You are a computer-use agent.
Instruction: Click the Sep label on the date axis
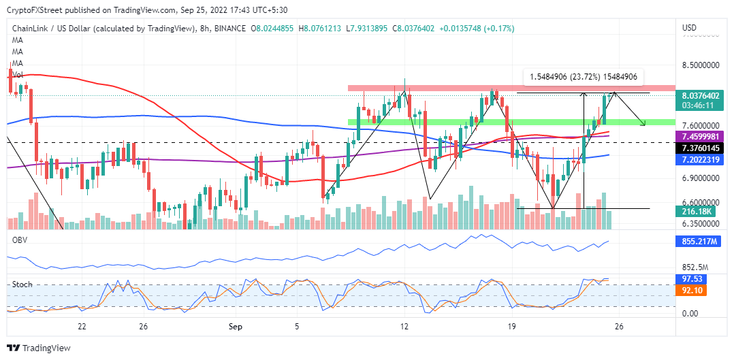point(236,327)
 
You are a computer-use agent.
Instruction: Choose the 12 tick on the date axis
point(404,327)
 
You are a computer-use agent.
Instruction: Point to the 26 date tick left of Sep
point(143,327)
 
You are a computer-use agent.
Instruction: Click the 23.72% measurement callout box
point(583,77)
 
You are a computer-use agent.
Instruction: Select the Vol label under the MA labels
point(17,73)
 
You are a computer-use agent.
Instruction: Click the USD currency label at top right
point(689,28)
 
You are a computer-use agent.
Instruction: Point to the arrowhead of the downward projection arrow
point(644,124)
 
